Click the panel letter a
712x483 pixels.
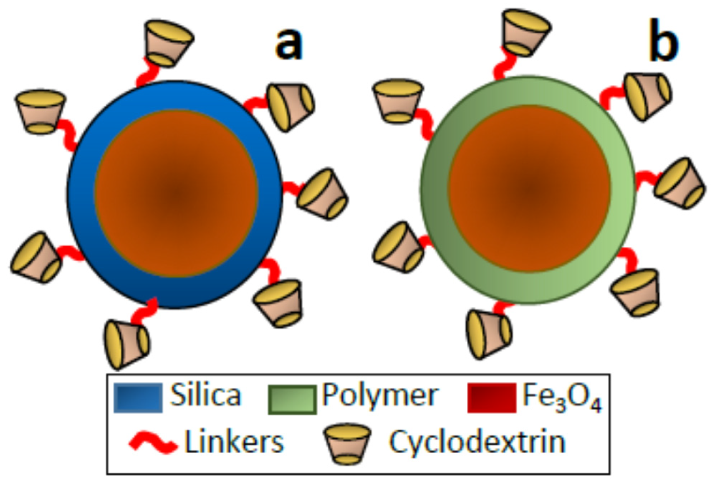(x=289, y=44)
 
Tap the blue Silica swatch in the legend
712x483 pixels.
(x=138, y=398)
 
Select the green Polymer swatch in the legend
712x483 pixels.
(x=292, y=400)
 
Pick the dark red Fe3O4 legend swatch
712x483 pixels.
(x=491, y=398)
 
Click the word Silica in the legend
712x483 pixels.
(x=205, y=395)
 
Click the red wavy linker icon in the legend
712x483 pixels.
(x=153, y=443)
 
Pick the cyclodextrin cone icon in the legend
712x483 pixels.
(x=347, y=444)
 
